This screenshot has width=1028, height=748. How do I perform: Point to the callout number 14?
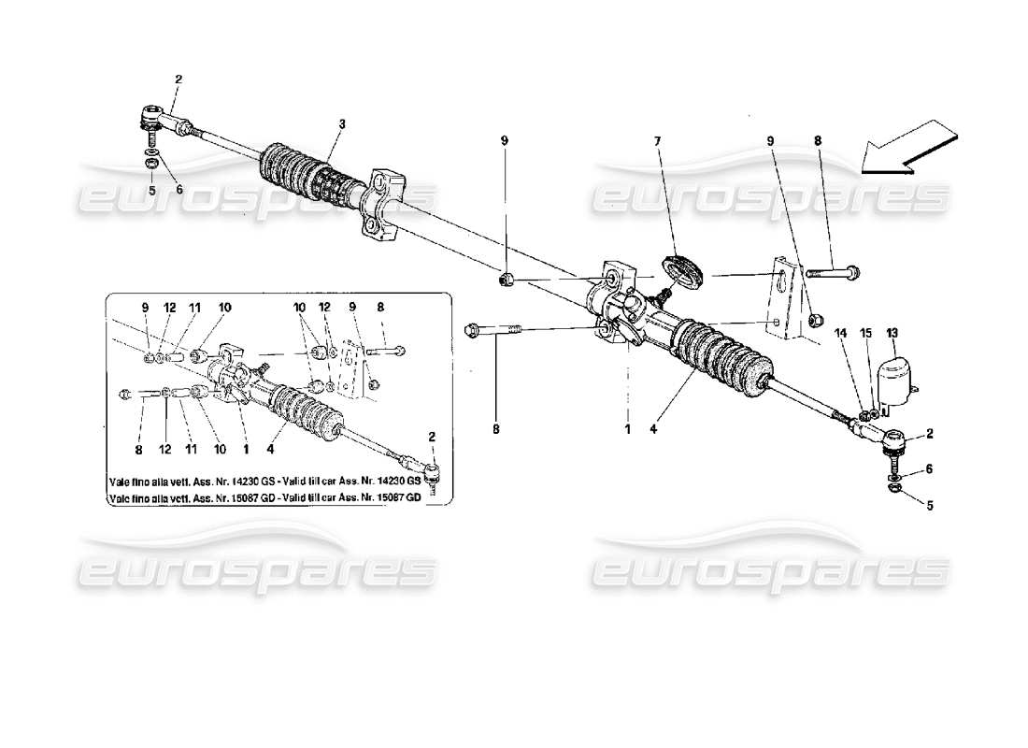coord(840,332)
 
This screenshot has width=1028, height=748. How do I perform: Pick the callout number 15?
coord(864,332)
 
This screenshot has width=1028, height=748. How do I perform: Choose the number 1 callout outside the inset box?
coord(628,430)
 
